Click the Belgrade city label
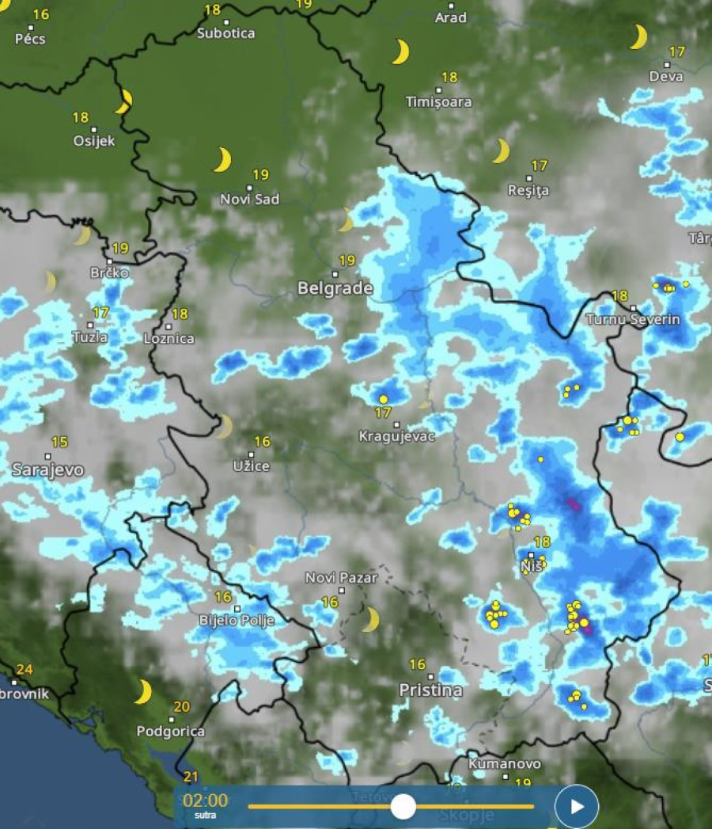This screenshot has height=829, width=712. coord(335,289)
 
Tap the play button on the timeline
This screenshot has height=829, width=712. coord(577,806)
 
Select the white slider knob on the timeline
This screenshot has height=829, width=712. coord(403,807)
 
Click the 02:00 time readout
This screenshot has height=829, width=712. coord(205,800)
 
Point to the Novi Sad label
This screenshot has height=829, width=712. coord(249,200)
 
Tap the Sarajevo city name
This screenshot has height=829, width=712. coord(47,470)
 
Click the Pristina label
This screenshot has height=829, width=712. coord(430,690)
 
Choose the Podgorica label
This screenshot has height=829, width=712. coord(170,732)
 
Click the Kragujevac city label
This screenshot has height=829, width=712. coord(397,436)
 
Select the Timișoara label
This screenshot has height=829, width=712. coord(438,102)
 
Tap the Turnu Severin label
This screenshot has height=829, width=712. coord(633,319)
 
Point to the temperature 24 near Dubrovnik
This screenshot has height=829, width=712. coord(25,670)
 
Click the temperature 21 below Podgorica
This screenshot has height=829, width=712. coord(191,777)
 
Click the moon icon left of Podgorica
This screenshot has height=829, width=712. coord(142,691)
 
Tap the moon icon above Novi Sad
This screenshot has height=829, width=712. coord(222,159)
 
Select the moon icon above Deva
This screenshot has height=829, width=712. coord(638,36)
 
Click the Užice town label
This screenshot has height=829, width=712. coord(252,466)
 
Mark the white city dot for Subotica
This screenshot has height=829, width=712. coord(226,22)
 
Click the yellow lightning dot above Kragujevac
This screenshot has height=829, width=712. coord(384,398)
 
